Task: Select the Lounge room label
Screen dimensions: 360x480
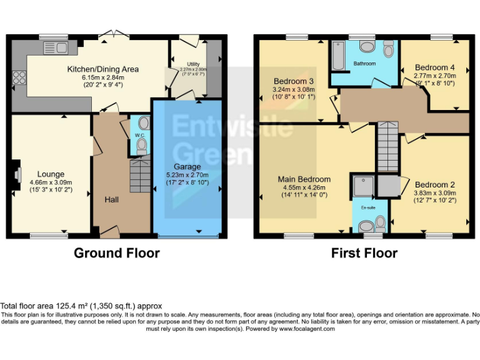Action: (x=51, y=174)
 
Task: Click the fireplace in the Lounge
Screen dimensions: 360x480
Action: (x=17, y=173)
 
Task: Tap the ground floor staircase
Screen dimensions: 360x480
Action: (x=140, y=176)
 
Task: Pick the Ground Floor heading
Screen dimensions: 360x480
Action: (x=117, y=253)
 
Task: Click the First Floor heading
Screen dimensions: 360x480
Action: (x=365, y=253)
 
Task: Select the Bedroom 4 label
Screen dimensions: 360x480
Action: (x=434, y=67)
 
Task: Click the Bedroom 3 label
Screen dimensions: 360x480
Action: (x=293, y=81)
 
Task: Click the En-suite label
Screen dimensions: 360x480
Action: (x=367, y=207)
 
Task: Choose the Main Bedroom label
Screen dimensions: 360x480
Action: (x=304, y=179)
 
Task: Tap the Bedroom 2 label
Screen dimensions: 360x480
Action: (x=434, y=184)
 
